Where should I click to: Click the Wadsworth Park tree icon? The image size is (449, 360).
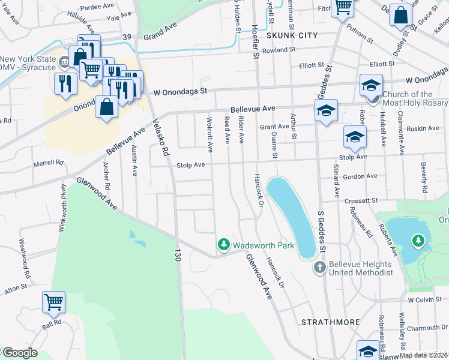[x=224, y=244]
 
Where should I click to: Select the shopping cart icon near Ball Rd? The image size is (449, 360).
[x=54, y=302]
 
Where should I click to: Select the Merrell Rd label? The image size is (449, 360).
[x=49, y=163]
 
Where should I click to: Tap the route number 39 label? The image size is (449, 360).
[x=127, y=37]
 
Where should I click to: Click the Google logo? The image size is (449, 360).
[x=19, y=353]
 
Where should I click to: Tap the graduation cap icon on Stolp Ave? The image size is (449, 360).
[x=355, y=137]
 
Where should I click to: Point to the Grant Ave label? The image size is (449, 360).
[x=274, y=127]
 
